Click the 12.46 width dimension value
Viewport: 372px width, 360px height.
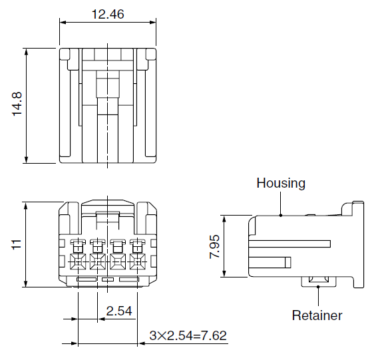[108, 13]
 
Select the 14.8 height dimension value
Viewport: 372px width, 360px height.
[17, 105]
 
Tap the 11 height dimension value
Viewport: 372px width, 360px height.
[17, 245]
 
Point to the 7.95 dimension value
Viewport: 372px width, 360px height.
[214, 246]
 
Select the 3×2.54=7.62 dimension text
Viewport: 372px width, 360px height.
[188, 335]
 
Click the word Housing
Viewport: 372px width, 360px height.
[281, 183]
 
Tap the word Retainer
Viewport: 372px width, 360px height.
[317, 315]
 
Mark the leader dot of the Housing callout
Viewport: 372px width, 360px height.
[281, 215]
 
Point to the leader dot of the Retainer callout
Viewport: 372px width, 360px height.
[319, 286]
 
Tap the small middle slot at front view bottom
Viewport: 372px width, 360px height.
[108, 281]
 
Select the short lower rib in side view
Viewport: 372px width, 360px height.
[273, 261]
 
